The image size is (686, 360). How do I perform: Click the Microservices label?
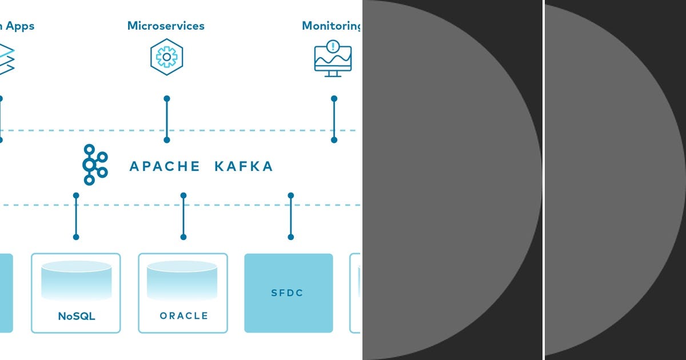point(166,26)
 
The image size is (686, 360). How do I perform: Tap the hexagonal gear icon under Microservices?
point(166,57)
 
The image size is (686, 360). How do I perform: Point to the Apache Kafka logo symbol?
point(94,165)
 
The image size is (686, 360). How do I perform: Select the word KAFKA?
point(244,167)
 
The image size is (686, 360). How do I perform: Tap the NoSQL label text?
point(77,316)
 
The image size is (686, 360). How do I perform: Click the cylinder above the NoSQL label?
point(76,280)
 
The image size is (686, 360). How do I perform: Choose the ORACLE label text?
point(184,316)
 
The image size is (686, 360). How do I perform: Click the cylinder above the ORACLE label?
point(182,280)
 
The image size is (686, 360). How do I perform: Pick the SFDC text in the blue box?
point(287,293)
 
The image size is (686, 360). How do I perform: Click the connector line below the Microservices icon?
point(167,119)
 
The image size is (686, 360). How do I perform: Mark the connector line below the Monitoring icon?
point(334,119)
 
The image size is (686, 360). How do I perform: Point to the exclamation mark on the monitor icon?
point(333,46)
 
